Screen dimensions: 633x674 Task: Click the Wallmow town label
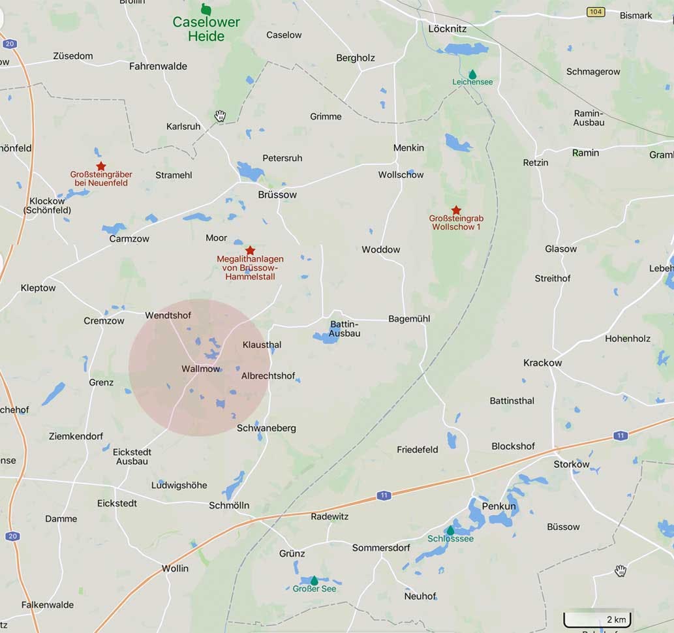201,369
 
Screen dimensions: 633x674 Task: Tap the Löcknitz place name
446,29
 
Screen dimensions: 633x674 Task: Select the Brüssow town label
277,194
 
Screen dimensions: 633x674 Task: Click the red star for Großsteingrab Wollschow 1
457,210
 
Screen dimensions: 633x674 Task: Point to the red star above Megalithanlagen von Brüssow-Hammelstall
250,251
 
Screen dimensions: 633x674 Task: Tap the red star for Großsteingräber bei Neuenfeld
100,166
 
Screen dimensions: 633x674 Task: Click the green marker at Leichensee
472,74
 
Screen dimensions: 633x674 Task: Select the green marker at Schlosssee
450,530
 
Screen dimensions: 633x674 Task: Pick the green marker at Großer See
314,580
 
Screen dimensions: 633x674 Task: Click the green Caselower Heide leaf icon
206,9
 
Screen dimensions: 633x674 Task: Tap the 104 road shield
595,12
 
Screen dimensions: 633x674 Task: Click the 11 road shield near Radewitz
384,496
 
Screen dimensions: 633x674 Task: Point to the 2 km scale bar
598,619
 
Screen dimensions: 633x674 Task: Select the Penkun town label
498,506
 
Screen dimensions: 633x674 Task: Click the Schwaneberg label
266,428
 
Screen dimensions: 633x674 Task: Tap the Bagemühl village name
409,318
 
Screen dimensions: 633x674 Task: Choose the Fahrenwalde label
158,66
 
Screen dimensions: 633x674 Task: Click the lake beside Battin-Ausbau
324,337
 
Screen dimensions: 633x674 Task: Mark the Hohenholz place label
628,339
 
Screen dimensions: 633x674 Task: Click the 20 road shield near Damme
12,536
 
